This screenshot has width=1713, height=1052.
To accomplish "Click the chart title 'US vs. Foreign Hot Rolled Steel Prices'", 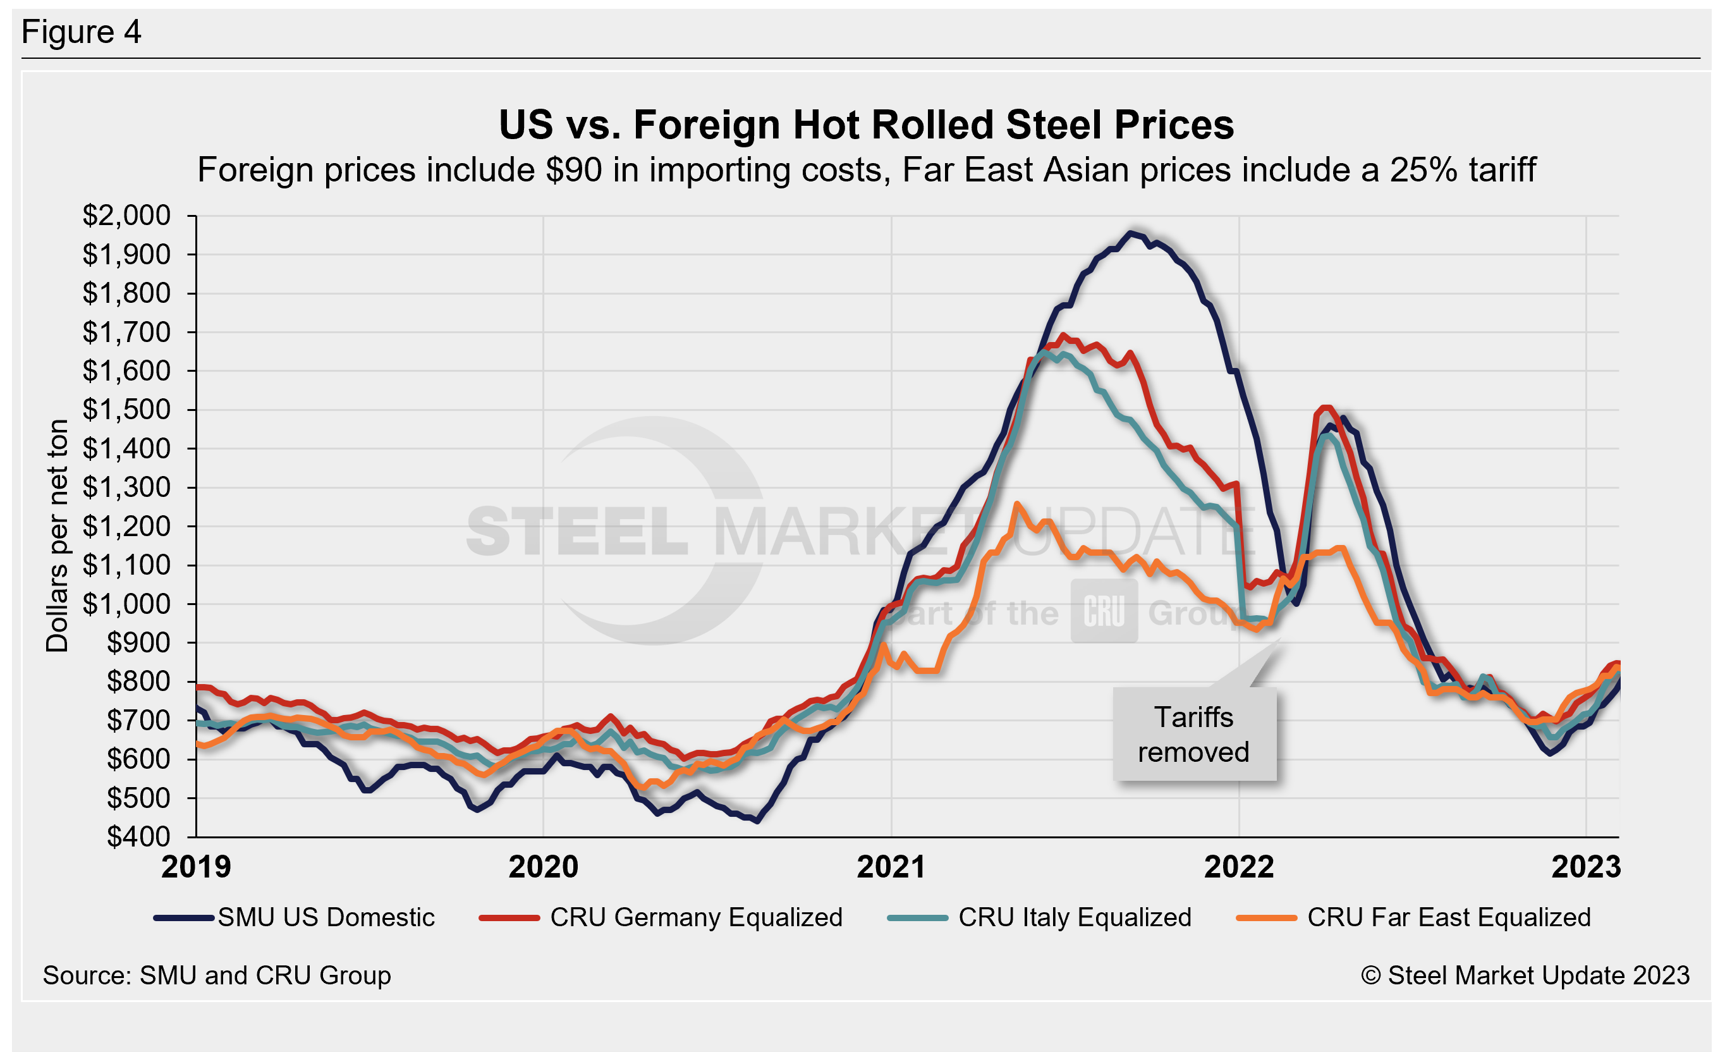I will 866,125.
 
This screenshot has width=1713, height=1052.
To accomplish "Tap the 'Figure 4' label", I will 82,32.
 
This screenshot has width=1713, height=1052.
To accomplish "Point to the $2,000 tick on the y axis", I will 126,216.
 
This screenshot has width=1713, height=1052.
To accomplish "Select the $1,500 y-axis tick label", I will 126,410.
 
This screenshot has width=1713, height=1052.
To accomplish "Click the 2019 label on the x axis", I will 196,867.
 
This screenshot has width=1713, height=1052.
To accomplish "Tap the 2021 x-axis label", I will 891,867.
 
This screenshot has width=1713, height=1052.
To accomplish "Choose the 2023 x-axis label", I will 1586,867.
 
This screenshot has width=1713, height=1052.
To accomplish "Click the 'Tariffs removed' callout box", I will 1193,735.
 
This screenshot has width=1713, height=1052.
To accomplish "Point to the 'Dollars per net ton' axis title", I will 57,535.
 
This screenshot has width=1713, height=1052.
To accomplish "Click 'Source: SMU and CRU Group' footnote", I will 217,976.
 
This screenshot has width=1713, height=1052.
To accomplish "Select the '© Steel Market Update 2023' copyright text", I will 1525,976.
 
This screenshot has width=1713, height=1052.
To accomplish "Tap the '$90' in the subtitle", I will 574,170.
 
